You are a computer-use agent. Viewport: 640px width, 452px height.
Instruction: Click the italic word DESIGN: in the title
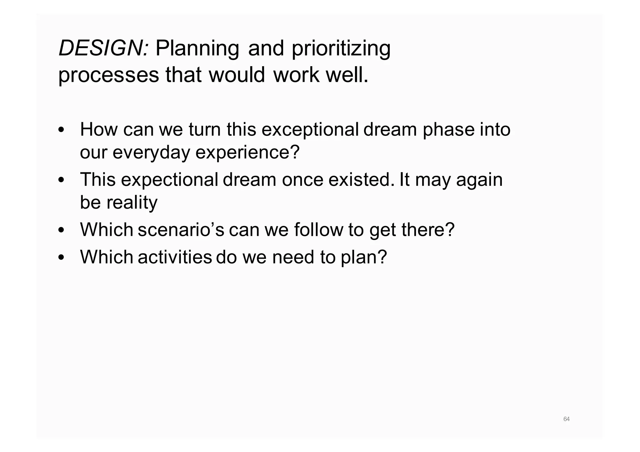pos(103,48)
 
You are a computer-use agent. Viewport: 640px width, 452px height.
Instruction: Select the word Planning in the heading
pos(197,49)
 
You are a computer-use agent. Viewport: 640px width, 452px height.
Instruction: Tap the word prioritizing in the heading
pos(341,49)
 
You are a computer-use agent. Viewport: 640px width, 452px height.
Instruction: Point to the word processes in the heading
pos(108,76)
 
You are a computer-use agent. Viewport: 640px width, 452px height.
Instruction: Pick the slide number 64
pos(566,419)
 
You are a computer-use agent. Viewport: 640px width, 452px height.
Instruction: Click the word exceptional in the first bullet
pos(310,130)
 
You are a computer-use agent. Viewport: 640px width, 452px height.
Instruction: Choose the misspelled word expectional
pos(169,180)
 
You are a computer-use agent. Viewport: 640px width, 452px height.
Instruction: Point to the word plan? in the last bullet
pos(364,257)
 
